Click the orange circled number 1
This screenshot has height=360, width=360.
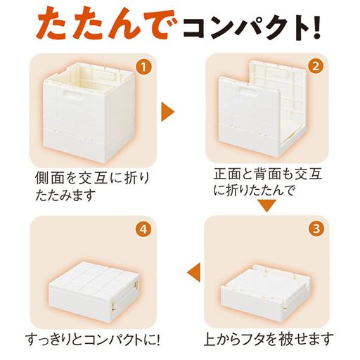[143, 67]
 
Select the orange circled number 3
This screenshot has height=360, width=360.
[316, 229]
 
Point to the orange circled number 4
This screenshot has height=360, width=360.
[143, 229]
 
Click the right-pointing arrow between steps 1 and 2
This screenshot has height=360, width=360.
[167, 112]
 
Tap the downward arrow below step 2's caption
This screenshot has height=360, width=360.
[266, 205]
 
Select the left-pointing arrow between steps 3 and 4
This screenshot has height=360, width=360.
[193, 272]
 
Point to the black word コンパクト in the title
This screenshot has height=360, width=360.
[245, 27]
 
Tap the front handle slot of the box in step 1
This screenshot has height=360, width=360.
[72, 96]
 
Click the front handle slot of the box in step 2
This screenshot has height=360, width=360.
[248, 91]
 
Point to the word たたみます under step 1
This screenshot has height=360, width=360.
[65, 195]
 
